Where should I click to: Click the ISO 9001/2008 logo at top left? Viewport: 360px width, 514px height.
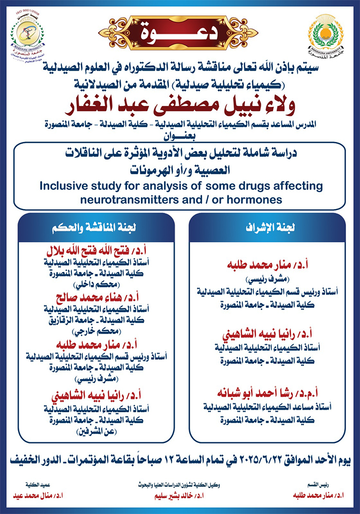(x=28, y=34)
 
